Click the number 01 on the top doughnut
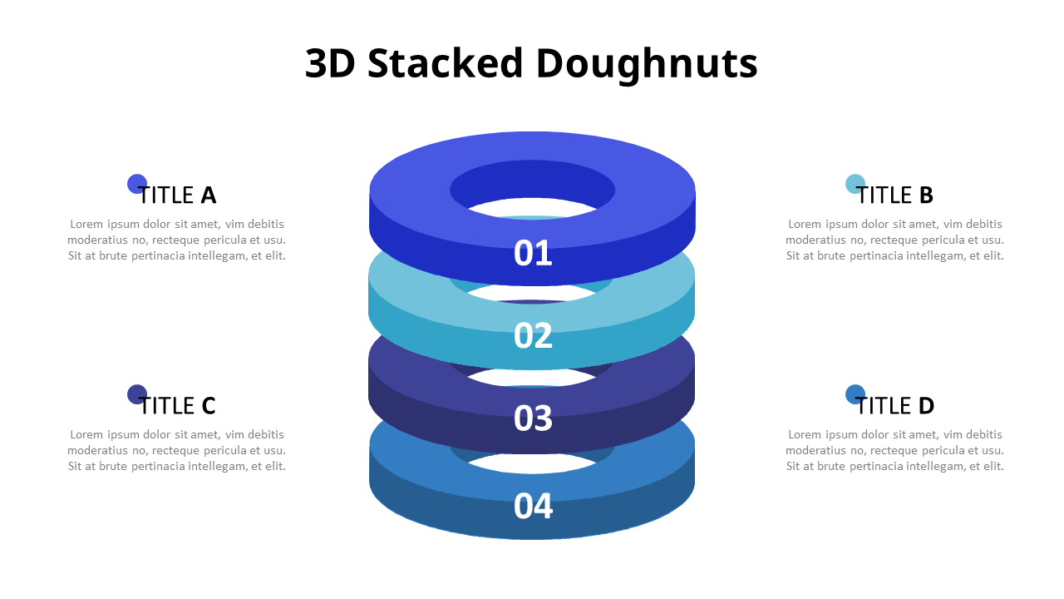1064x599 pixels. coord(533,253)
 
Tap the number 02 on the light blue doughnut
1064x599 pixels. coord(533,335)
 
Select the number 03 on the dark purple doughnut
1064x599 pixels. coord(533,418)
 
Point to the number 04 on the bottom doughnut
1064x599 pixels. coord(533,506)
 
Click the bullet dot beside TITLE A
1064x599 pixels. coord(137,184)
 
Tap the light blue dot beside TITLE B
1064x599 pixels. coord(855,184)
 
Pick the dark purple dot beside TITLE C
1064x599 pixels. coord(137,394)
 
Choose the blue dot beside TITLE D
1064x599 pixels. coord(855,394)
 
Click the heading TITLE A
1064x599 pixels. coord(177,196)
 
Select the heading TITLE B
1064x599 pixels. coord(895,196)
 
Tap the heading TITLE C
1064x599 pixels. coord(177,406)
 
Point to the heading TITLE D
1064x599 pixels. coord(895,406)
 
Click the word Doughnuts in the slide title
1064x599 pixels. coord(647,64)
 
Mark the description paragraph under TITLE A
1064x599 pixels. coord(176,240)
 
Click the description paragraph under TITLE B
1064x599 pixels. coord(894,240)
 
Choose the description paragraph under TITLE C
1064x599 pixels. coord(176,450)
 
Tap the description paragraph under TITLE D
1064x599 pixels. coord(894,450)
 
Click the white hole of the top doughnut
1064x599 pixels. coord(532,207)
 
